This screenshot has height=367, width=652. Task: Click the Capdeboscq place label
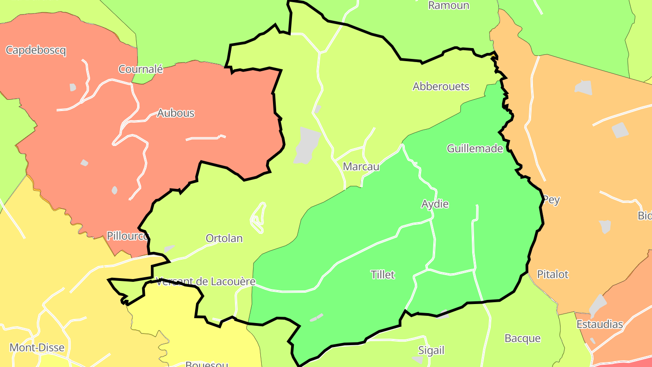coord(36,50)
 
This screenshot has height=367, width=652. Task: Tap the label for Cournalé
coord(140,69)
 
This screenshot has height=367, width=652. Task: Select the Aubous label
coord(176,113)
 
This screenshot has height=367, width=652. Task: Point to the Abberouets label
coord(441,87)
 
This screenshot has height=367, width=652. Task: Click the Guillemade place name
coord(475,149)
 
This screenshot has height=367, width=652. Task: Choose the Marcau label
coord(361,166)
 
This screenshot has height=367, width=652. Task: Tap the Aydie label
coord(435,204)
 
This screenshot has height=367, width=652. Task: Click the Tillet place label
coord(383,275)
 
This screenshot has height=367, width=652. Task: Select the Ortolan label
coord(224,238)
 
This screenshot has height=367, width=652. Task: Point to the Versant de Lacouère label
coord(206,282)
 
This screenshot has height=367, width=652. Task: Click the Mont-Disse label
coord(37,348)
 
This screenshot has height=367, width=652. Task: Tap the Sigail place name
coord(431,350)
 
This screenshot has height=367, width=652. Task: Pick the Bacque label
coord(523,338)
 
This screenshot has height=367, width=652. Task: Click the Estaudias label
coord(599,324)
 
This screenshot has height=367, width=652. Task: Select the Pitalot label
coord(552,274)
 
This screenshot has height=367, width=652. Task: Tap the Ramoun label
coord(448,5)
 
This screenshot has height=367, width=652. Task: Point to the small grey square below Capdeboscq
coord(72,87)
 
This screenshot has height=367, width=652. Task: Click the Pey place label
coord(551,200)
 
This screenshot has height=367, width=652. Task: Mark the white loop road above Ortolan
coord(258,218)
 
